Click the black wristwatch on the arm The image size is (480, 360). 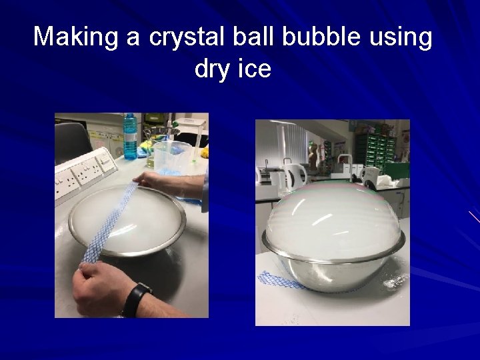tap(137, 298)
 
